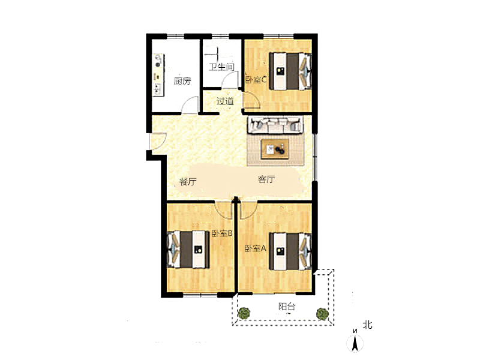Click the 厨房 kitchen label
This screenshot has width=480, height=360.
tap(182, 81)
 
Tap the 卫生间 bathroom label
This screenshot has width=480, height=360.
tap(221, 67)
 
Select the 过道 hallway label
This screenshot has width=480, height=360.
tap(225, 101)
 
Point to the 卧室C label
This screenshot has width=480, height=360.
tap(256, 80)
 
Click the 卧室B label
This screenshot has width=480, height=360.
tap(222, 233)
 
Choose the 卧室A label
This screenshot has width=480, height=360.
tap(256, 248)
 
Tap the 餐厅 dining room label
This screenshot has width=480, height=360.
tap(188, 182)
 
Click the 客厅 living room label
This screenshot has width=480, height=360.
tap(266, 179)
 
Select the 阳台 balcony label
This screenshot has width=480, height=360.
tap(287, 307)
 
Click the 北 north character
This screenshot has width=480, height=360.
tap(367, 325)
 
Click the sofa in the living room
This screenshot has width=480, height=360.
tap(275, 125)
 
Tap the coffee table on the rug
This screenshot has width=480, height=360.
tap(275, 149)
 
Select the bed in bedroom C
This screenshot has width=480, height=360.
tap(290, 71)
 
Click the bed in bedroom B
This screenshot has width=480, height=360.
tap(188, 250)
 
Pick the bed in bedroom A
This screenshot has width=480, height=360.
tap(290, 251)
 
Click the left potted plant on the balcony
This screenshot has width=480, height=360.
tap(244, 313)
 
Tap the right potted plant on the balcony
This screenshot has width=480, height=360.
tap(322, 313)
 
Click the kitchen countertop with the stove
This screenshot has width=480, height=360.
tap(158, 75)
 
